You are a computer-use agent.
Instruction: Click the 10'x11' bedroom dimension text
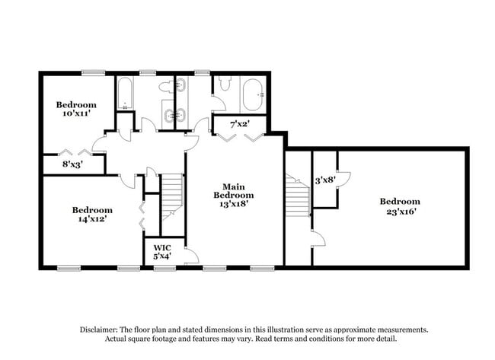click(77, 113)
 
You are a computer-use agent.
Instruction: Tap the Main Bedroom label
click(234, 191)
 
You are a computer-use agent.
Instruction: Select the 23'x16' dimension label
click(400, 212)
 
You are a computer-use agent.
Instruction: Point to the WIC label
click(162, 247)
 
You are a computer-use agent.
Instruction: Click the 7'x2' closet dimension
click(240, 124)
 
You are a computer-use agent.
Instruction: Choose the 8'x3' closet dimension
click(72, 164)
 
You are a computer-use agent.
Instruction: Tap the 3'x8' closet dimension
click(325, 180)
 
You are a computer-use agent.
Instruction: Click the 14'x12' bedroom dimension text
click(92, 218)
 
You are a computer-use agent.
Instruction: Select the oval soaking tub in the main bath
click(253, 94)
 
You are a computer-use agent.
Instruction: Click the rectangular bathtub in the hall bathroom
click(126, 94)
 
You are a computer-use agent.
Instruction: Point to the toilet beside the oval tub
click(225, 83)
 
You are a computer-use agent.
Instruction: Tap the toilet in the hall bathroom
click(165, 87)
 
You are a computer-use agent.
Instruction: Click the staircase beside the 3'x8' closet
click(298, 196)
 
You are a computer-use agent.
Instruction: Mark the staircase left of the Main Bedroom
click(172, 196)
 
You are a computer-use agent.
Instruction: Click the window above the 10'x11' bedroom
click(93, 73)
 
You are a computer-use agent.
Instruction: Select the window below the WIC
click(164, 269)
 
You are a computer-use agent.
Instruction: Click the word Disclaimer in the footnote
click(99, 330)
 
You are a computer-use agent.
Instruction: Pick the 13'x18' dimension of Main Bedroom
click(234, 204)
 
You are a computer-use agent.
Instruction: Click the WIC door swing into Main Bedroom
click(192, 255)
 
